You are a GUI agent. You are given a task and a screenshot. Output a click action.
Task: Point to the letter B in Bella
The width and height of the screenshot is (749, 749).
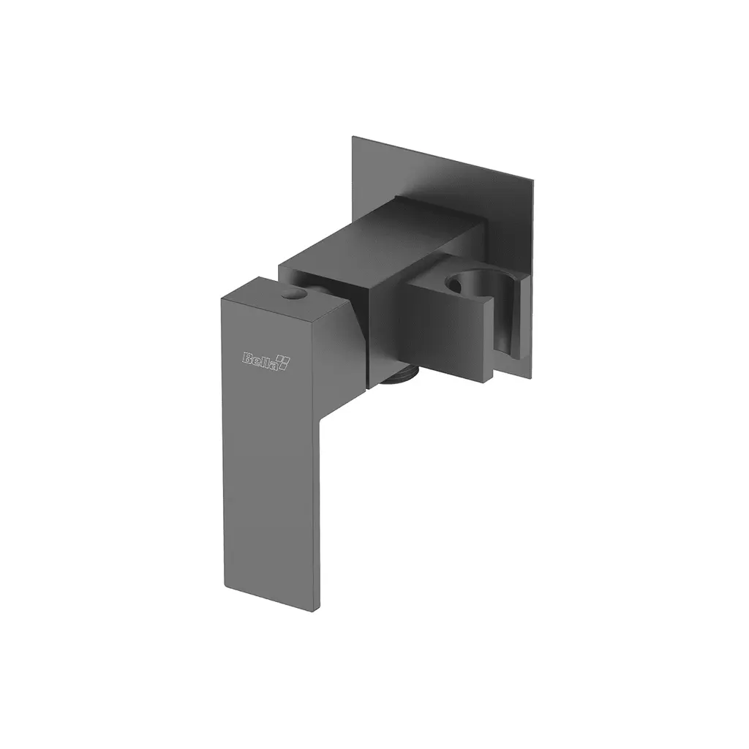point(247,358)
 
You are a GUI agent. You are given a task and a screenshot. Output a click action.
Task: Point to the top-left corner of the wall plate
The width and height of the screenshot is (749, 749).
point(353,138)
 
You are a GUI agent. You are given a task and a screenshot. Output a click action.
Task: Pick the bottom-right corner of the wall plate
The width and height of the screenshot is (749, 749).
point(532,380)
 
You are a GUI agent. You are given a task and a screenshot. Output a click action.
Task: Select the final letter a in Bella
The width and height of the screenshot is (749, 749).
point(275,363)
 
